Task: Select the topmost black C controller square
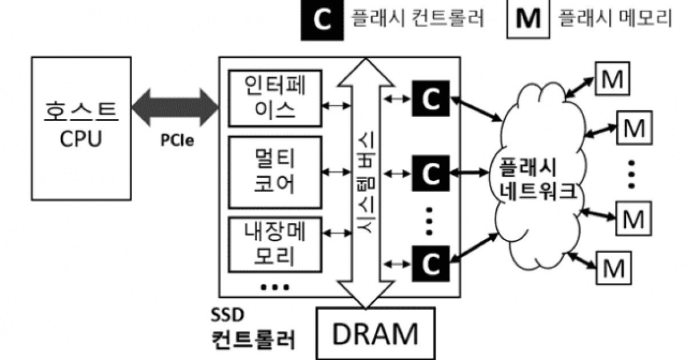coord(431,98)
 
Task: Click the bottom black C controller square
coord(431,263)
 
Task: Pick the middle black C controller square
coord(431,171)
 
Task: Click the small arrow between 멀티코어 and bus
coord(336,171)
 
